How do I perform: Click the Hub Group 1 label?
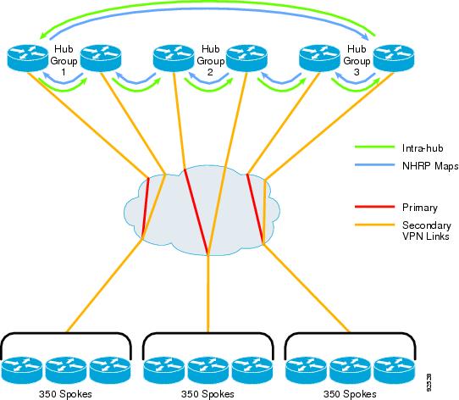click(64, 60)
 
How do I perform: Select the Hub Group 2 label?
click(211, 60)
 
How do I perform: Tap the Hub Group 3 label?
click(357, 60)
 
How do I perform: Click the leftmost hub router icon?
click(27, 58)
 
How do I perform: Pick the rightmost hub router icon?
click(394, 58)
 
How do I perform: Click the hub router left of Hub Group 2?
click(174, 58)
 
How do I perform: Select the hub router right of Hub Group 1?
click(101, 58)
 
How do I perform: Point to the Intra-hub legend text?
click(423, 148)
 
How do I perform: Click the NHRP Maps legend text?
click(430, 166)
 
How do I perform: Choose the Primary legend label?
click(420, 208)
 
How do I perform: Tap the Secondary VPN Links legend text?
click(427, 231)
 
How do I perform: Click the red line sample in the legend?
click(374, 207)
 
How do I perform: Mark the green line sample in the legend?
click(374, 147)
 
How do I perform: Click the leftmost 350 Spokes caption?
click(65, 394)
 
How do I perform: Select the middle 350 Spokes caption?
click(207, 394)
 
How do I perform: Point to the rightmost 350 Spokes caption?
click(350, 394)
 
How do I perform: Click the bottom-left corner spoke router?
click(22, 369)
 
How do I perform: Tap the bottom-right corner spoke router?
click(395, 369)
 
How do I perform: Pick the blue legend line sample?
click(374, 164)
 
